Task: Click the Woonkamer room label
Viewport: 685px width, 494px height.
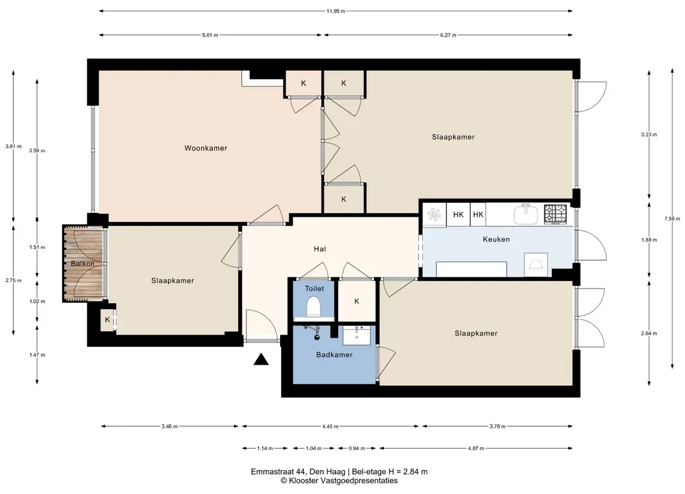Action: tap(206, 148)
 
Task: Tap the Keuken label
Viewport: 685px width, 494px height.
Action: tap(497, 239)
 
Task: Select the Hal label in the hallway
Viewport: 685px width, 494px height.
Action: tap(320, 248)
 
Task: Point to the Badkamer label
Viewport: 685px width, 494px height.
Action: tap(334, 354)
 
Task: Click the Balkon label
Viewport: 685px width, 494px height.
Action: tap(83, 263)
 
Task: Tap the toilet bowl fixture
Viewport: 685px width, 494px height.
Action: tap(313, 306)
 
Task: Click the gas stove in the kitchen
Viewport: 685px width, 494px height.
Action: tap(555, 214)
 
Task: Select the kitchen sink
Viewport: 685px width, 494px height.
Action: tap(525, 214)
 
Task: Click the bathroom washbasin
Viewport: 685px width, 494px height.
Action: tap(357, 335)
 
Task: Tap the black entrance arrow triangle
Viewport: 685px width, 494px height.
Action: tap(261, 359)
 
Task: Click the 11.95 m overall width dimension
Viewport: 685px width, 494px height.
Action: tap(336, 11)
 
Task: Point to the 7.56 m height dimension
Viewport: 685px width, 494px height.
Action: tap(672, 219)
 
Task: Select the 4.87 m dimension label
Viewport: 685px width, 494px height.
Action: tap(476, 448)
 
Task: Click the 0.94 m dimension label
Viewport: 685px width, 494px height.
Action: tap(357, 448)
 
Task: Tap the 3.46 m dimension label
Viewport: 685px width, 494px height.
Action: tap(169, 426)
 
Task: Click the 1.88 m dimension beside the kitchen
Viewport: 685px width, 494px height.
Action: tap(649, 240)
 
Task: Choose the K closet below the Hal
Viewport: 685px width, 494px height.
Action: tap(357, 301)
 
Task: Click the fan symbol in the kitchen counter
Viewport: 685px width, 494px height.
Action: tap(434, 214)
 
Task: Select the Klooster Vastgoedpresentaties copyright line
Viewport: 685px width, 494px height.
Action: tap(339, 480)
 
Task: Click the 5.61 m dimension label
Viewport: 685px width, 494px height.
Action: tap(210, 35)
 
